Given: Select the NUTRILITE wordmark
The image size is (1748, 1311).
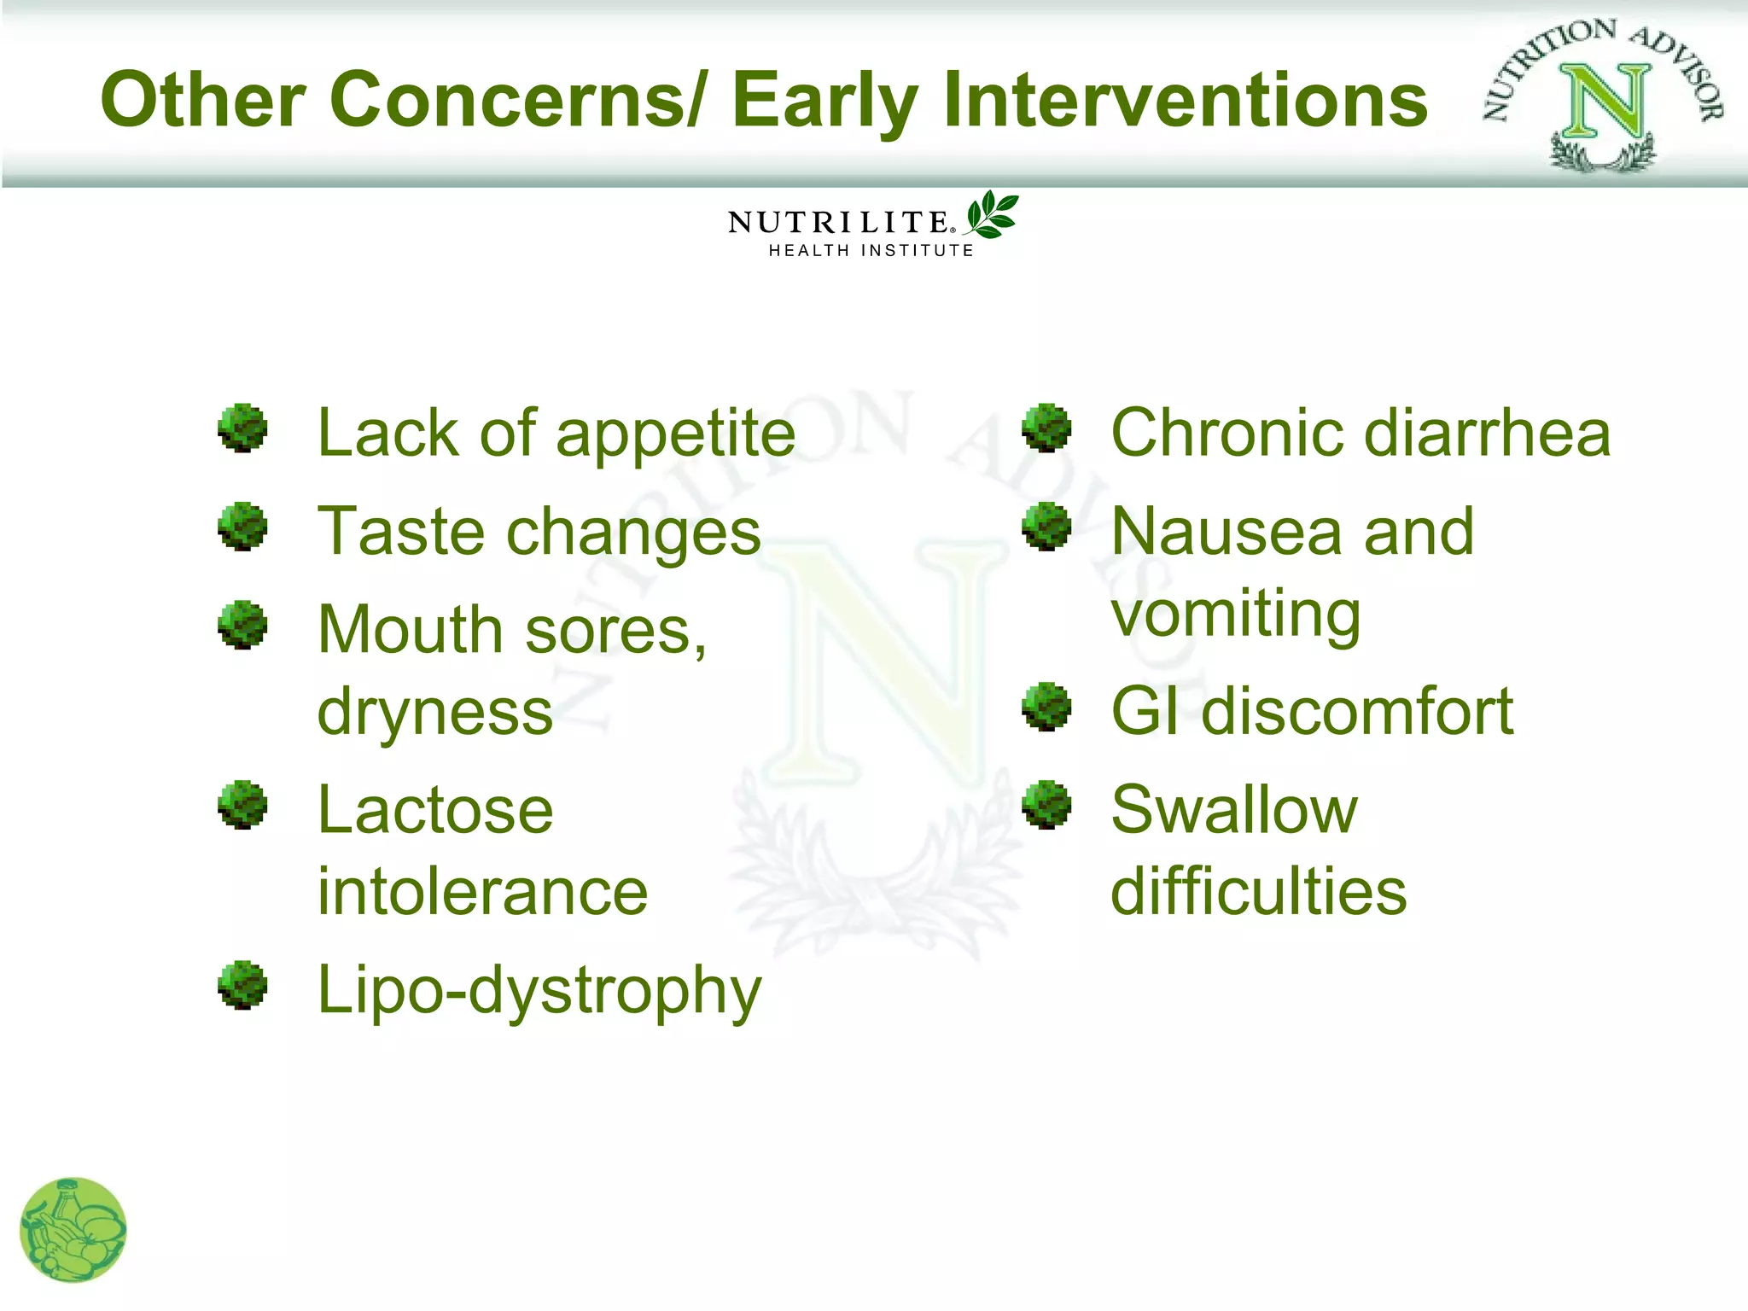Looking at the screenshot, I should tap(838, 223).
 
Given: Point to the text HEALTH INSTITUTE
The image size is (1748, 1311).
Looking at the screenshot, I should tap(871, 250).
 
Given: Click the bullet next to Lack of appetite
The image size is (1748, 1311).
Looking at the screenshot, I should tap(242, 428).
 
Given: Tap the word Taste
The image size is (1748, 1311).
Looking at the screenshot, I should tap(402, 531).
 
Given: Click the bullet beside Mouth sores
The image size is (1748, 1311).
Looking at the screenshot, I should tap(242, 625).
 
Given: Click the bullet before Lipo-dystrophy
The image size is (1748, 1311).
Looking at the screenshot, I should tap(242, 985).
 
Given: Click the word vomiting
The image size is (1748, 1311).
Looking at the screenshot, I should tap(1235, 614).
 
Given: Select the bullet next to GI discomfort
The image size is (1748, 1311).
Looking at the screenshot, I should tap(1046, 707).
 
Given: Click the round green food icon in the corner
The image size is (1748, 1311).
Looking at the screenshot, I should tap(73, 1230).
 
